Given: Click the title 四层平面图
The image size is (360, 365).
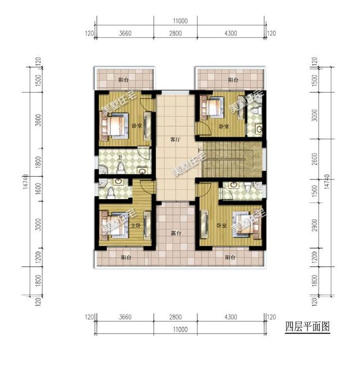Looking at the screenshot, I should tap(307, 326).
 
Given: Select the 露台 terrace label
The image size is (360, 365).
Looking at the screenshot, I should tap(175, 232).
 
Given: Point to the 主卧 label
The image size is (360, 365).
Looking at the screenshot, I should tap(136, 225).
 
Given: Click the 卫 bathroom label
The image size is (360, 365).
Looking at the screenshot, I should tap(119, 158).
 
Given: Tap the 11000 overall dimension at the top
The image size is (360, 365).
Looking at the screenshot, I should tap(180, 21).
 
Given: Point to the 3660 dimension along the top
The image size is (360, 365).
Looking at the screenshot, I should tap(125, 34).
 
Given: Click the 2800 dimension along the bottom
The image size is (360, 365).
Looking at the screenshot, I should tap(175, 318).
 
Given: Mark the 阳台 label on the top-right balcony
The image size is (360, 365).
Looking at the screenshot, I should tap(232, 80).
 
